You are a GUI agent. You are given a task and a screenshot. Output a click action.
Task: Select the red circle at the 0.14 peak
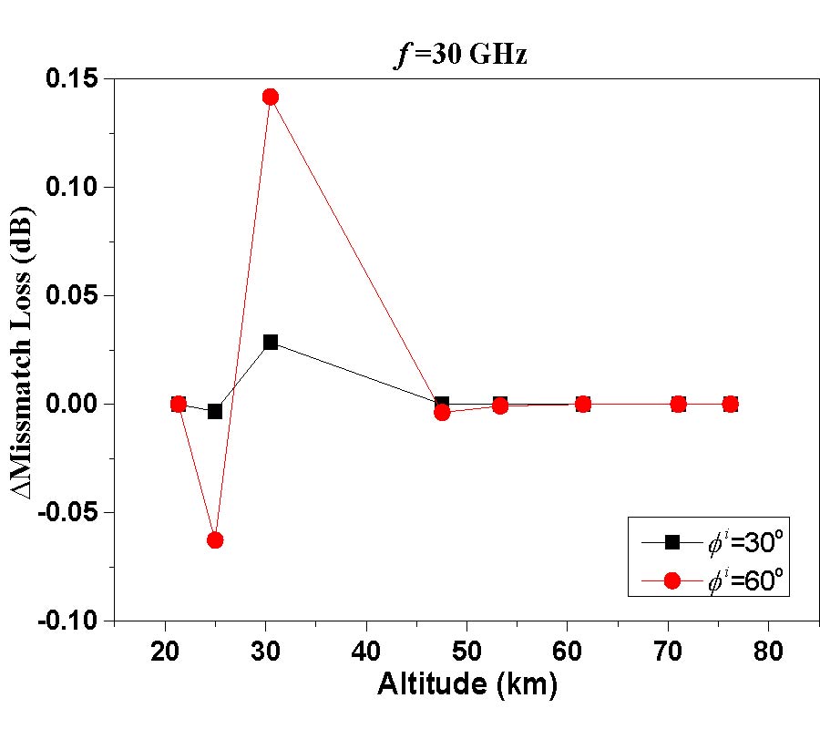tap(270, 97)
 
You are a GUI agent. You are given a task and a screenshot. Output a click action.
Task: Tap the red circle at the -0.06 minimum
tap(215, 539)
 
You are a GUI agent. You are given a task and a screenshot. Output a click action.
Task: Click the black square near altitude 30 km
tap(271, 342)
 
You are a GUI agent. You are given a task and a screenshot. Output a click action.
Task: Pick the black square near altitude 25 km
tap(215, 411)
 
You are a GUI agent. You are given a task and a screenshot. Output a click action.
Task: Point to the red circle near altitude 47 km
tap(443, 412)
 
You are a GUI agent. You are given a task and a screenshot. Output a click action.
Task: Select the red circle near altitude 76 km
tap(730, 404)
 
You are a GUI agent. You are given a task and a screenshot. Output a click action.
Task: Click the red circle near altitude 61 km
tap(583, 404)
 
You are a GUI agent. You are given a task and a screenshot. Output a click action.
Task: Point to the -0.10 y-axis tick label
tap(71, 621)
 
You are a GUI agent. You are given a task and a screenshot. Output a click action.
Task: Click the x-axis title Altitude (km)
tap(466, 685)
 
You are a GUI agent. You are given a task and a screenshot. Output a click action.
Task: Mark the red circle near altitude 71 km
tap(678, 404)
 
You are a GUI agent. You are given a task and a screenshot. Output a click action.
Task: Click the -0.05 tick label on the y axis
tap(71, 512)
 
